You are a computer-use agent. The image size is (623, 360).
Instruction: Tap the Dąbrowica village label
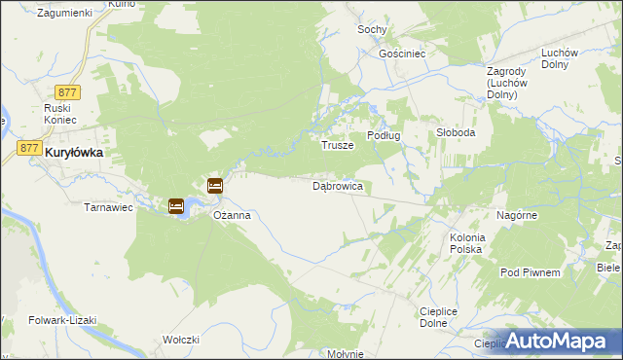click(x=338, y=185)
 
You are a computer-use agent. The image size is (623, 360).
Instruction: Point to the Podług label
click(x=383, y=135)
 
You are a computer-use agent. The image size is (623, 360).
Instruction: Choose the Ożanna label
click(x=233, y=215)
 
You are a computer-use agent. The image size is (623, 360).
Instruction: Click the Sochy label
click(x=371, y=30)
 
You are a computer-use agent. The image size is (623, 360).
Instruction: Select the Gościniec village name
click(x=403, y=54)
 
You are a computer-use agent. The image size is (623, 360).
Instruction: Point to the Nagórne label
click(x=516, y=214)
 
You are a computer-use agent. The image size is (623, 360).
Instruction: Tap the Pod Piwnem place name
click(x=530, y=272)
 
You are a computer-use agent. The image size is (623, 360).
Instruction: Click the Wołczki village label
click(x=181, y=340)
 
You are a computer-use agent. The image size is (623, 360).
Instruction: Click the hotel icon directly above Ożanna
click(x=215, y=186)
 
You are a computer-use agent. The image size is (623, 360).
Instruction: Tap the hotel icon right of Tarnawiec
click(x=176, y=205)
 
